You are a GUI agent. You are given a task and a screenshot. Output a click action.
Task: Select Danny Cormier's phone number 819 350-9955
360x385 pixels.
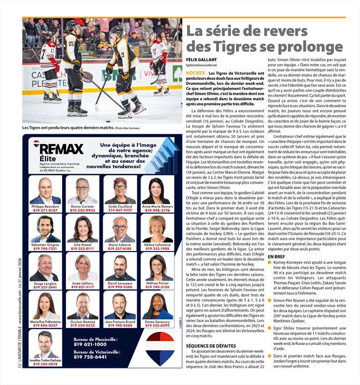(x=82, y=210)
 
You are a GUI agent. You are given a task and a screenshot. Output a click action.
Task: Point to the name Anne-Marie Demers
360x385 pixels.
(x=157, y=206)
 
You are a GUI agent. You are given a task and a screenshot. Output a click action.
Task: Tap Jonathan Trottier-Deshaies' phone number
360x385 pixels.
(x=45, y=364)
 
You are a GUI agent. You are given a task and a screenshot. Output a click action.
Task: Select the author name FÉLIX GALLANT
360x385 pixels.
(x=199, y=60)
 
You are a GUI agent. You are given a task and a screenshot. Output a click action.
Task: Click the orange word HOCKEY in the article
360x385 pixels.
(x=195, y=73)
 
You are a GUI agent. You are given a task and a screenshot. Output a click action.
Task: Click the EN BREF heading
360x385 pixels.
(x=277, y=256)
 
